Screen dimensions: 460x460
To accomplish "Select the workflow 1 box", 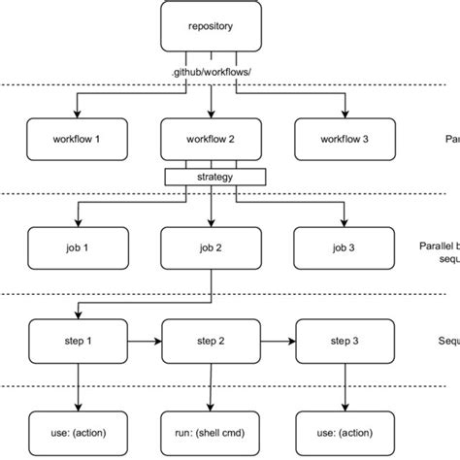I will (x=76, y=138).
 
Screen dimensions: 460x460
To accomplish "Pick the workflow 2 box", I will (x=210, y=138).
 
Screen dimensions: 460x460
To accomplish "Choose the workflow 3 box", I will (x=344, y=138).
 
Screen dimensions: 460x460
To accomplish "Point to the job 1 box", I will (x=76, y=247).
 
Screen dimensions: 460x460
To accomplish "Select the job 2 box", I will (x=210, y=247).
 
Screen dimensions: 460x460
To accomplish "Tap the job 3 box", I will (x=344, y=247).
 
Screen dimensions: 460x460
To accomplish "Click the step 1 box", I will (x=76, y=342).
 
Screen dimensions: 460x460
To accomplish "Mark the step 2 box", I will (x=210, y=342).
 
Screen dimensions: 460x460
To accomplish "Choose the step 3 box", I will (x=344, y=342).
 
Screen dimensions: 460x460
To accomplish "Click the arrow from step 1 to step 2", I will (x=143, y=342).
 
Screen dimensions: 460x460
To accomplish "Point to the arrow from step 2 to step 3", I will (x=277, y=342).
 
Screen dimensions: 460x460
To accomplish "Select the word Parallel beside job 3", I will (x=435, y=247).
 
